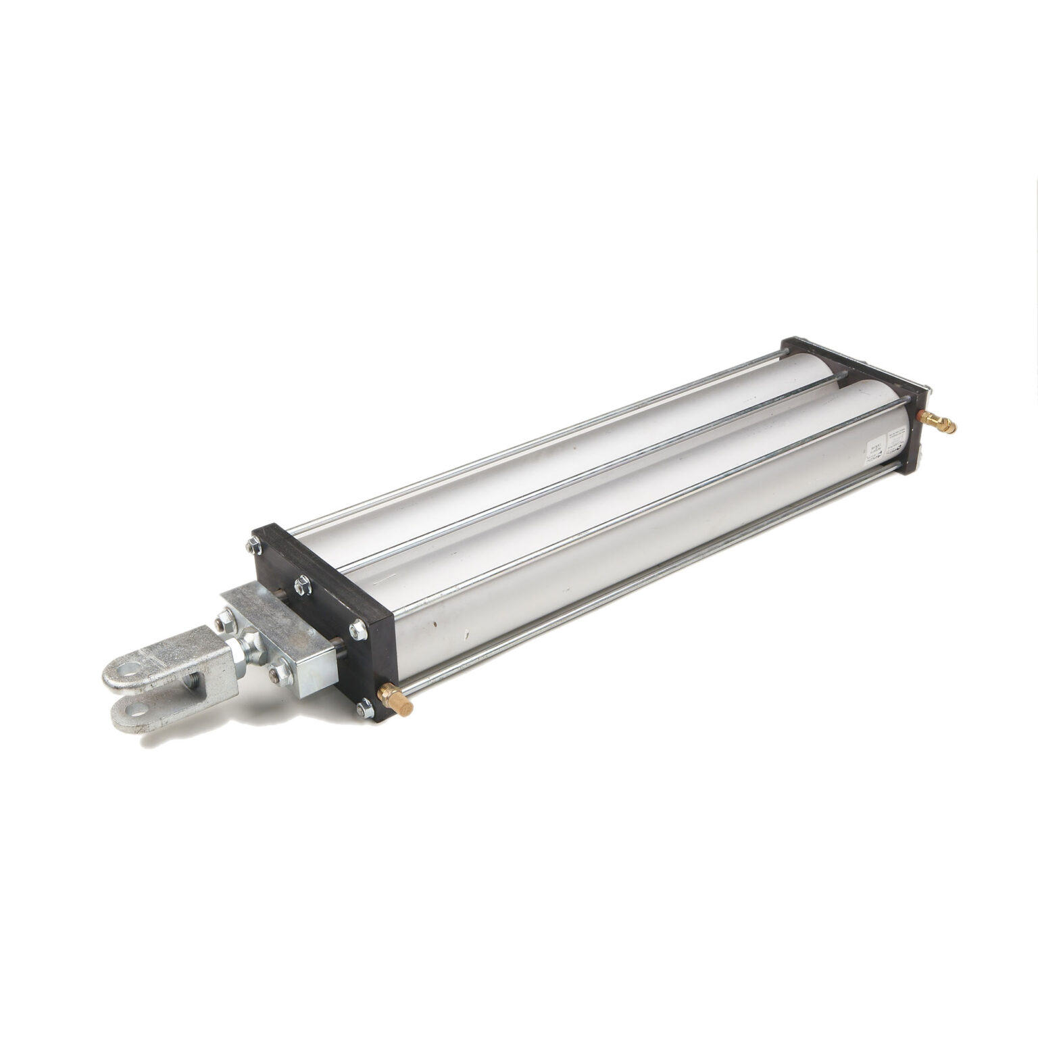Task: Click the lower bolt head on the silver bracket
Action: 278,670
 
